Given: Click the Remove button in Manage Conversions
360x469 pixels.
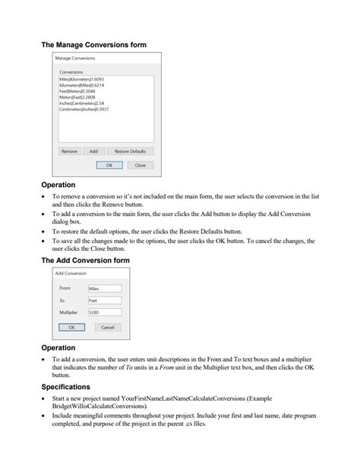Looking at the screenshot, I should point(69,151).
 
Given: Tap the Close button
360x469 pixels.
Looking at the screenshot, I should point(140,165).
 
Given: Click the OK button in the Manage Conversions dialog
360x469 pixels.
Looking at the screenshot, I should point(109,165).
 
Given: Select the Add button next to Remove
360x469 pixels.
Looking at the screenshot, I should point(93,151).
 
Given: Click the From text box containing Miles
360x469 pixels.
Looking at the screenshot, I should point(104,289).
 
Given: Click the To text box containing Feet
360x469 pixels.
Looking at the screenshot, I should point(104,300).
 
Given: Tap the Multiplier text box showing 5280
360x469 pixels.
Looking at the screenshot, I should point(104,312).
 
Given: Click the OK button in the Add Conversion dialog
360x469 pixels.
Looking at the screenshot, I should point(71,328).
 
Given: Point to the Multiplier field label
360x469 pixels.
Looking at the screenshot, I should point(68,312).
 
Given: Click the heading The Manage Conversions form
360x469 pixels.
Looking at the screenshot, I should point(93,45).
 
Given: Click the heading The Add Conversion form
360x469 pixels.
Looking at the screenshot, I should point(85,260).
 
